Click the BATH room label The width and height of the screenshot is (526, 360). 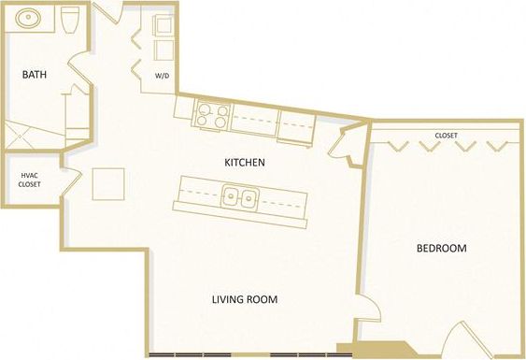35,74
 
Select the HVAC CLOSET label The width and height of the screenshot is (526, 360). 29,180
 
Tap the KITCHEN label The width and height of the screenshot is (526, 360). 245,162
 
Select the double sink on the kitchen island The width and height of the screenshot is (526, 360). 240,197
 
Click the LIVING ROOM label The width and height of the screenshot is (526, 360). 245,299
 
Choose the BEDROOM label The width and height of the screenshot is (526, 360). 441,248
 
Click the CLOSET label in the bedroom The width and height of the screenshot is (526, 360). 445,135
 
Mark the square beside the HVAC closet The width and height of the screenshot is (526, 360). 107,183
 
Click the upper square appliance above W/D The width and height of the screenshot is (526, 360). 163,26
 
